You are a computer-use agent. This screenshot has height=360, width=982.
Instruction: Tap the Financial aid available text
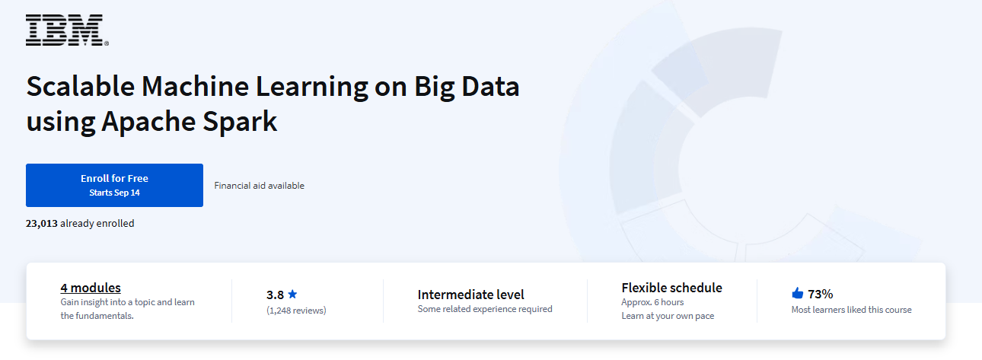pos(259,186)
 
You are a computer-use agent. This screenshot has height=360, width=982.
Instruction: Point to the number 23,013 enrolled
pos(42,224)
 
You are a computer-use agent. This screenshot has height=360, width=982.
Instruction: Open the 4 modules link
pos(91,288)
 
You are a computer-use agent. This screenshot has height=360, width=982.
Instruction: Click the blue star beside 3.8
pos(292,294)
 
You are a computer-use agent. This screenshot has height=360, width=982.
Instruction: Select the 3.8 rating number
pos(274,295)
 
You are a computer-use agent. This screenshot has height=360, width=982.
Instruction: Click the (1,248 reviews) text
pos(296,311)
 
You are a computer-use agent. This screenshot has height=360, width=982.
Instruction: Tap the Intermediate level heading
pos(470,295)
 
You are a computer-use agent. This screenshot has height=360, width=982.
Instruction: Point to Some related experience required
pos(485,309)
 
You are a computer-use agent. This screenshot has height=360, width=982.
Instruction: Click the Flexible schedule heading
pos(671,288)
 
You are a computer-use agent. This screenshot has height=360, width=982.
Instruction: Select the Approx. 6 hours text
pos(652,302)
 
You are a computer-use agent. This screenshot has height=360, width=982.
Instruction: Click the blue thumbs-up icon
pos(798,293)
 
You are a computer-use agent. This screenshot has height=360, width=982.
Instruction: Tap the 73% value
pos(821,294)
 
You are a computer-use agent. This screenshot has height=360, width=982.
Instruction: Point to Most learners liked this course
pos(851,310)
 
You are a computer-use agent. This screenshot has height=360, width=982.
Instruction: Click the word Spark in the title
pos(241,121)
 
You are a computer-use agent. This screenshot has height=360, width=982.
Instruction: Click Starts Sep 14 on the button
pos(114,193)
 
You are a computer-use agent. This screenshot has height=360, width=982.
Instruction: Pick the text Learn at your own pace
pos(668,316)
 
